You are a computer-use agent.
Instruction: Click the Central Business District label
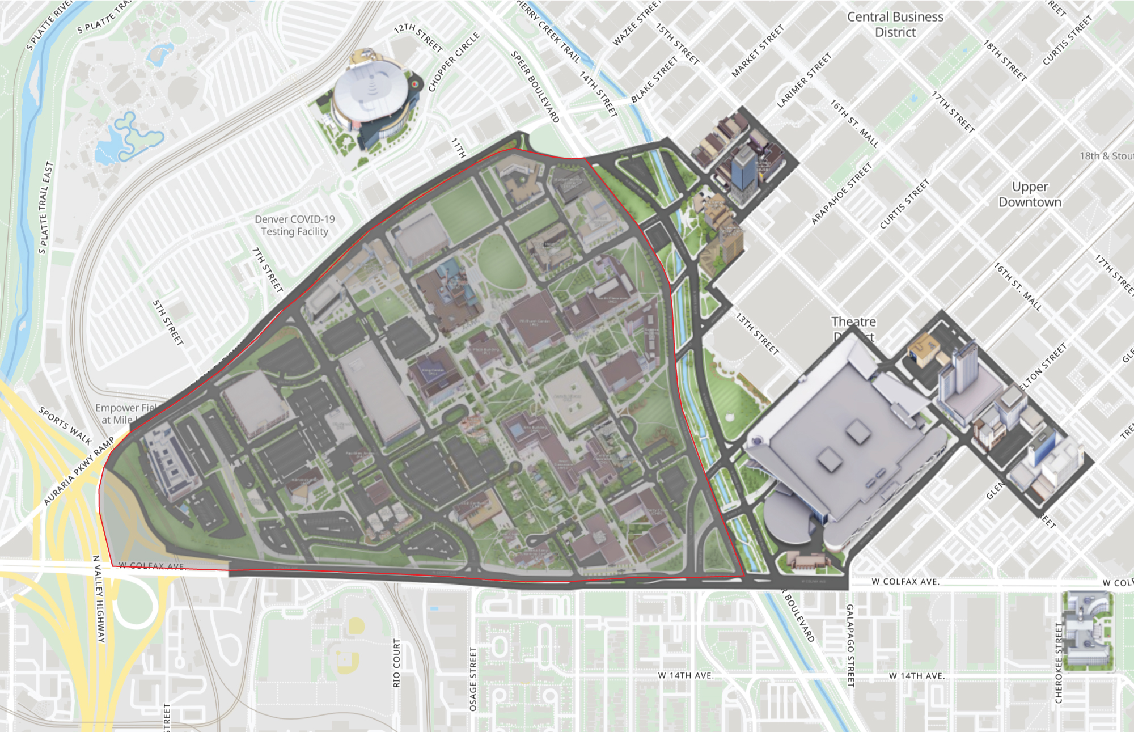pos(895,24)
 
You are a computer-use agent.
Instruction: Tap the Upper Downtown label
pos(1030,194)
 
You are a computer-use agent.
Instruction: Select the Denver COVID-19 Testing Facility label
pos(294,225)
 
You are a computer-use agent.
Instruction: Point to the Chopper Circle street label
pos(454,62)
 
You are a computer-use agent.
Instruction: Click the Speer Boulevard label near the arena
pos(535,87)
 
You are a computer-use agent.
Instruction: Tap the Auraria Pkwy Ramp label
pos(79,471)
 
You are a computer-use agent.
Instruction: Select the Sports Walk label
pos(65,425)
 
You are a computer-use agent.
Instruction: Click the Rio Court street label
pos(396,663)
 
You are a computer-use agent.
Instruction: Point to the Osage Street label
pos(473,679)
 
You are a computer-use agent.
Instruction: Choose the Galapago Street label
pos(850,645)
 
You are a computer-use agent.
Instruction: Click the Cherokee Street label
pos(1059,663)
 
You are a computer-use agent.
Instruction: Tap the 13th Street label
pos(758,334)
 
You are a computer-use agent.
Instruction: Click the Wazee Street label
pos(637,24)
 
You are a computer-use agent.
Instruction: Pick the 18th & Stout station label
pos(1106,156)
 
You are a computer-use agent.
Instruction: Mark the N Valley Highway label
pos(99,599)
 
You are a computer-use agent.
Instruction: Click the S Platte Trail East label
pos(45,208)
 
